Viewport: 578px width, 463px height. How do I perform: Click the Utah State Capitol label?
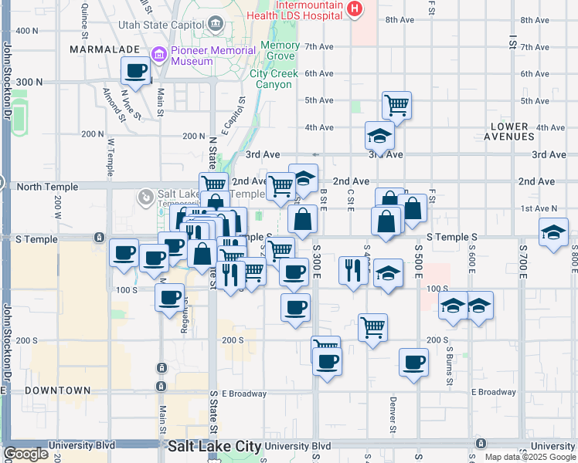161,25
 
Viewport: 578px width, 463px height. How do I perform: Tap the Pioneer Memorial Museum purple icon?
159,55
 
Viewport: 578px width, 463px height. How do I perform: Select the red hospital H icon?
355,8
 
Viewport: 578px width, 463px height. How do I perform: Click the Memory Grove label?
280,50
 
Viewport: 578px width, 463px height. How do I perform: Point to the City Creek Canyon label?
270,79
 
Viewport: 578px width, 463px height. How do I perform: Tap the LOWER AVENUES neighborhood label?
510,131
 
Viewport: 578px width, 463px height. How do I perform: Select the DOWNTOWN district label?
57,390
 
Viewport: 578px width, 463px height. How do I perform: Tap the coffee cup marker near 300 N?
136,71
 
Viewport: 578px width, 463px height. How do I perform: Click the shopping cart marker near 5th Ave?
396,104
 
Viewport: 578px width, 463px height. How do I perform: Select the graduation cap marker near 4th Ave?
379,136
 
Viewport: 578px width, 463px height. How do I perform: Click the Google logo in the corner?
26,454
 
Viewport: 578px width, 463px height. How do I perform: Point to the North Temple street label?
47,187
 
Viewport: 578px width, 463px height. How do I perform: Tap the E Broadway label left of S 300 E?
244,393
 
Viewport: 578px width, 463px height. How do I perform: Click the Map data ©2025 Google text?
530,457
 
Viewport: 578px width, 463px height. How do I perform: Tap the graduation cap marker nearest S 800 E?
553,232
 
